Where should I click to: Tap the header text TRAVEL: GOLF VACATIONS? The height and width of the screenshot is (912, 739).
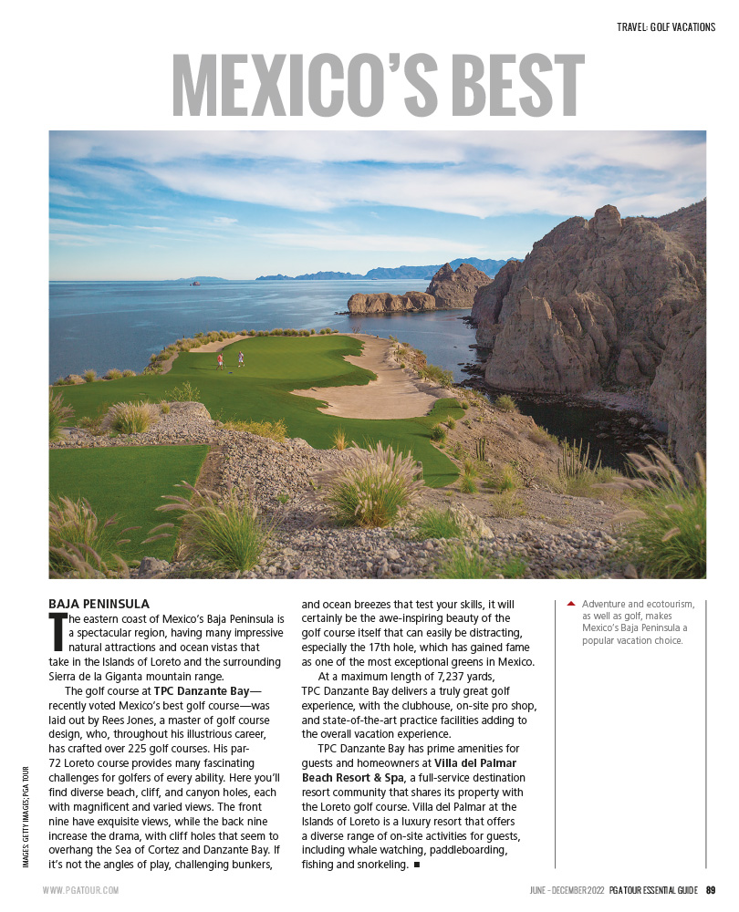point(666,27)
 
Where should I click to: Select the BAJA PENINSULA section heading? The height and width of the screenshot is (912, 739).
point(99,604)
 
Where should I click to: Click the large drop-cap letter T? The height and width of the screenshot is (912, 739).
point(57,630)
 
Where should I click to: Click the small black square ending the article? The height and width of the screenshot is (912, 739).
point(416,864)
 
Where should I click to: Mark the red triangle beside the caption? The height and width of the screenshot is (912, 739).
point(571,604)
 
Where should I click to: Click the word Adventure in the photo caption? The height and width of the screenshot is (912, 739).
point(609,604)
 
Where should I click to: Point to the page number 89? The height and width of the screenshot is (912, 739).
point(710,890)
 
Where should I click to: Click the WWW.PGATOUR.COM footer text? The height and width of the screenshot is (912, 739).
point(80,890)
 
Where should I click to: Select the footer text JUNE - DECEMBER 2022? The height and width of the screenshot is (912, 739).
point(567,890)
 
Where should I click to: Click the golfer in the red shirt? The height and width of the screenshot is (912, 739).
point(220,360)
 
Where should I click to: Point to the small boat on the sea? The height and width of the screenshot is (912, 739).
point(193,284)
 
